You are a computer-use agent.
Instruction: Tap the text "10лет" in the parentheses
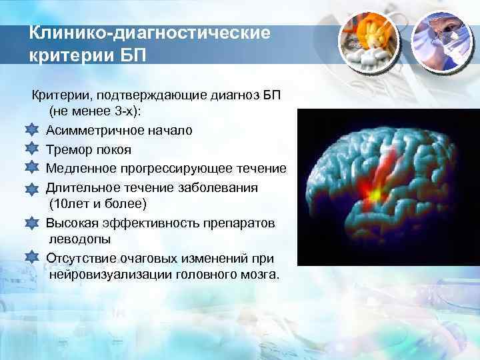click(x=73, y=203)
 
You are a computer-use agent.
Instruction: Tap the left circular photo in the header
click(x=367, y=41)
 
